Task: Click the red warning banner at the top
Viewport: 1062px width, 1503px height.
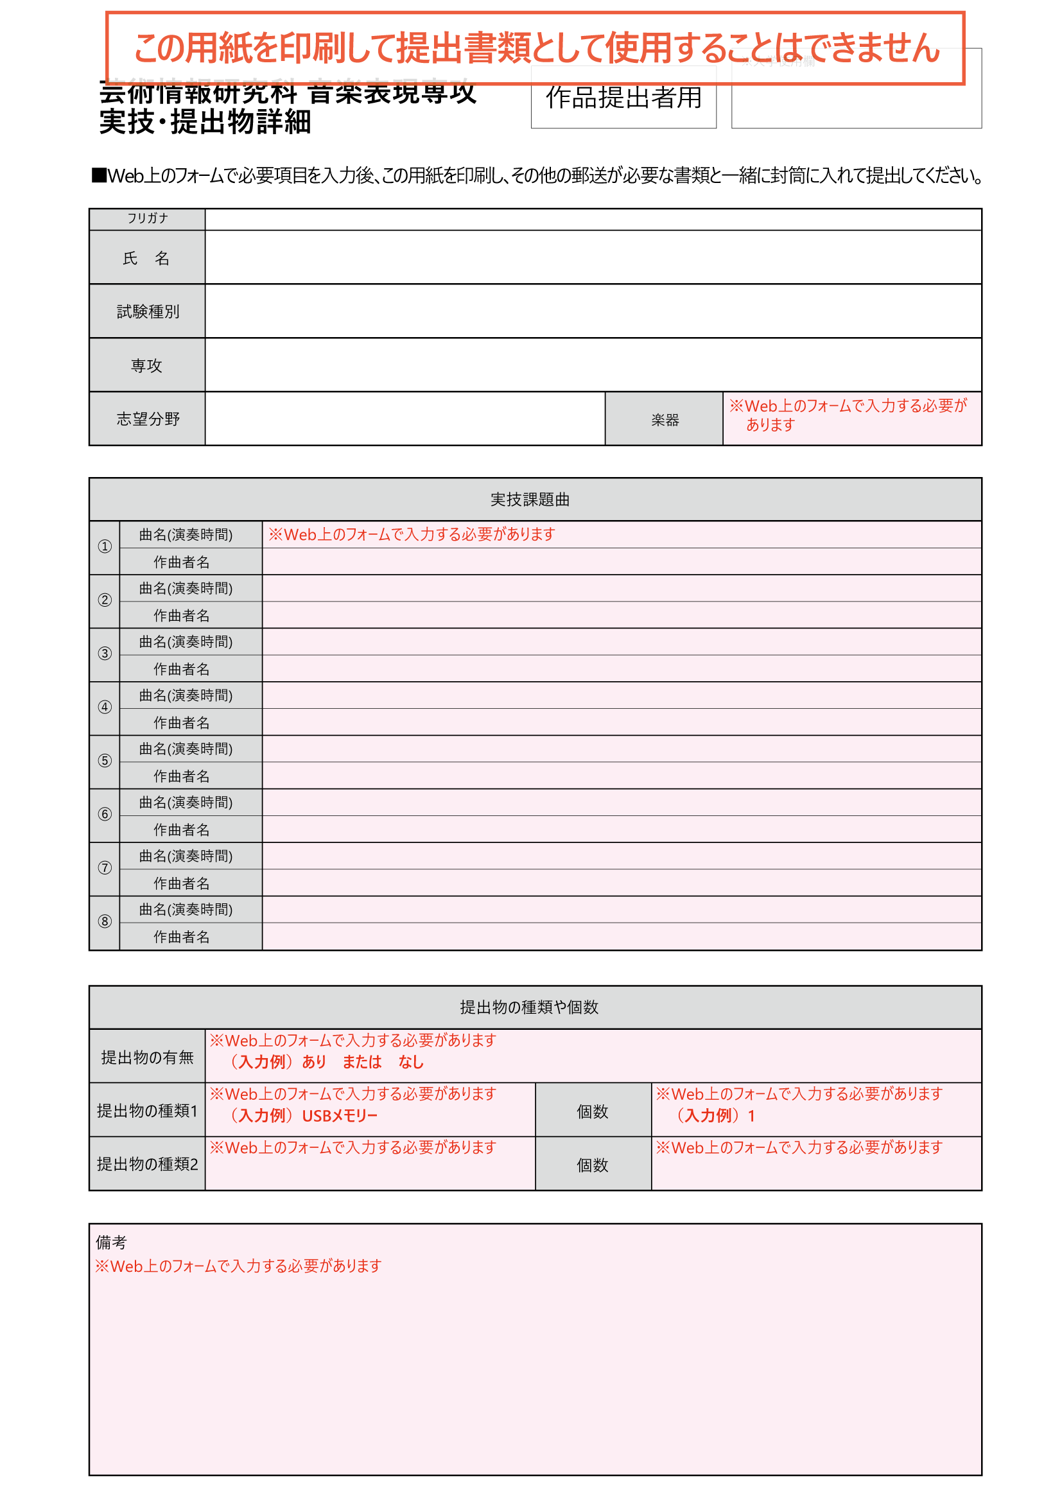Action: (535, 48)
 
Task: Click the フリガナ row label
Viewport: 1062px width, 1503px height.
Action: (147, 219)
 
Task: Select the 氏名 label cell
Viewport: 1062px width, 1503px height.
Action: (146, 258)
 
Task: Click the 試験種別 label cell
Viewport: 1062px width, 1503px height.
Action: (147, 311)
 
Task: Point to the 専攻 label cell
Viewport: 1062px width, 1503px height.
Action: (146, 365)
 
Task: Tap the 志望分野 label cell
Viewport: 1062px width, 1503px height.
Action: (147, 419)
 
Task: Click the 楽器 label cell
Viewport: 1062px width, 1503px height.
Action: (664, 420)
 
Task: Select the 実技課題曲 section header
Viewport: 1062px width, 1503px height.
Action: (529, 500)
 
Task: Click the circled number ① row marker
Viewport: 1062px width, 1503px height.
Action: (105, 547)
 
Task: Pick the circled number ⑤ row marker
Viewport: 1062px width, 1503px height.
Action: (105, 761)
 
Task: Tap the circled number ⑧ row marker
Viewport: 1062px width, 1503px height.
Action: (105, 922)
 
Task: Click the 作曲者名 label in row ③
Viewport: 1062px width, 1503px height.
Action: (181, 669)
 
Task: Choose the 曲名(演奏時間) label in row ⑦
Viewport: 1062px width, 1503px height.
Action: (186, 856)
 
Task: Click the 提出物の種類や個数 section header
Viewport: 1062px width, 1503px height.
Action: (529, 1007)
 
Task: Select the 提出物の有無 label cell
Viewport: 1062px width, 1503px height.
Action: (147, 1057)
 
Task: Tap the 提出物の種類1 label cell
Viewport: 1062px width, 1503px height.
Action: (147, 1111)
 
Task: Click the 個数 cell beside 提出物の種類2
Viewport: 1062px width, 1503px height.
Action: (592, 1165)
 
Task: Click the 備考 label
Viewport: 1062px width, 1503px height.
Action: (111, 1242)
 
